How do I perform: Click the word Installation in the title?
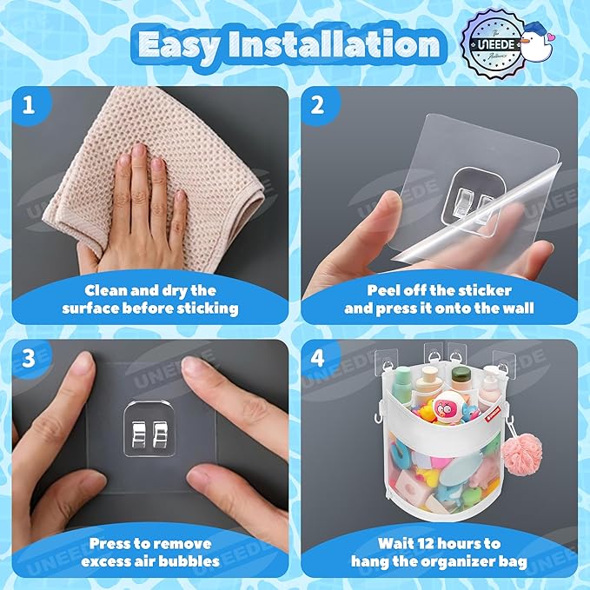[334, 44]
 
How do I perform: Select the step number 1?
[29, 104]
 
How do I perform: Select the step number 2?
[317, 104]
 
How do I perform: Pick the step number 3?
[29, 358]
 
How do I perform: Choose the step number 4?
[317, 358]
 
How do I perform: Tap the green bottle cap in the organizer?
[461, 374]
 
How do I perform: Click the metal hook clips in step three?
[149, 434]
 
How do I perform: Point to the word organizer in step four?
[463, 562]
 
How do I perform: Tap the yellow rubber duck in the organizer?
[426, 411]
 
